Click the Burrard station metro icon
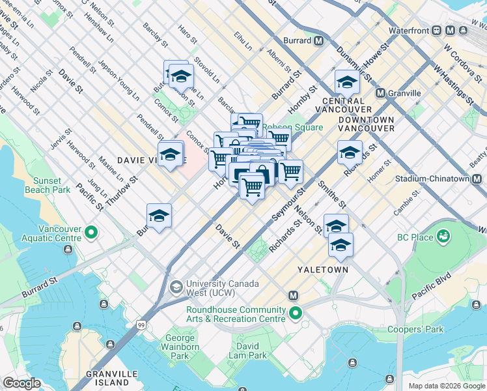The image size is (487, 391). tap(319, 40)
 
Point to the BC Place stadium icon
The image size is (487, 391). tap(444, 237)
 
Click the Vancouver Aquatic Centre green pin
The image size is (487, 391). tap(91, 232)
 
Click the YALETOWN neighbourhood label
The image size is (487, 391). tap(322, 269)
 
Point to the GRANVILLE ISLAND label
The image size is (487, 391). tap(112, 378)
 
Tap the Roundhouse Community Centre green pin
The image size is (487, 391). tap(296, 313)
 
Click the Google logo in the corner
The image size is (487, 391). tap(21, 383)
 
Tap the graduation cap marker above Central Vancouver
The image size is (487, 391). tap(347, 82)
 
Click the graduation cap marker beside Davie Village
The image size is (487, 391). tap(170, 154)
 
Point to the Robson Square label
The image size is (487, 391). tap(293, 127)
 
